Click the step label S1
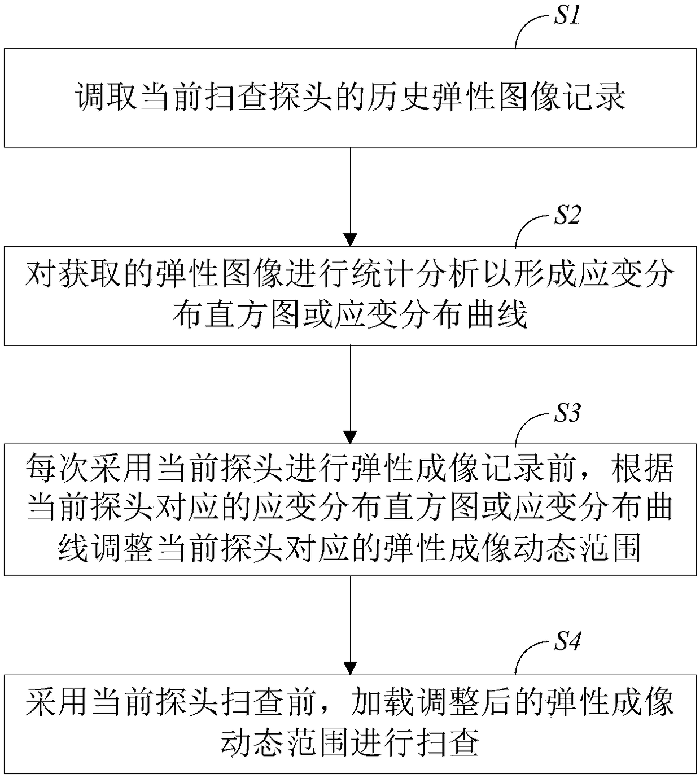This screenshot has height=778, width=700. (x=566, y=16)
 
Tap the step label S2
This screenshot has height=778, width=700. (x=566, y=215)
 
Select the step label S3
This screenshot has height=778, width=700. (x=566, y=413)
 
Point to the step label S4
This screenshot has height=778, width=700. (x=566, y=642)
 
